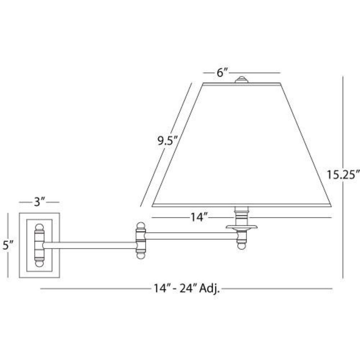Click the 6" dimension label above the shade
click(x=221, y=73)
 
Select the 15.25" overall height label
click(x=343, y=175)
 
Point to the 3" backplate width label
click(x=39, y=202)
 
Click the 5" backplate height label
click(x=8, y=245)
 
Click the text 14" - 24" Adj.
click(x=186, y=288)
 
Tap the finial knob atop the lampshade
click(x=242, y=80)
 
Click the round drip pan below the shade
click(x=242, y=227)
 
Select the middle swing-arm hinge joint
click(x=141, y=241)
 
